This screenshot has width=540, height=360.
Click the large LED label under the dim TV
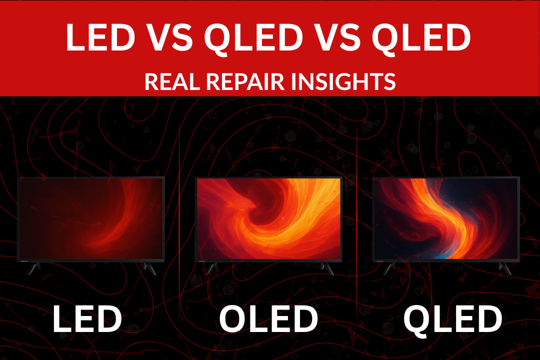coord(87,318)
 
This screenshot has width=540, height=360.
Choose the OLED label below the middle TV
coord(268,318)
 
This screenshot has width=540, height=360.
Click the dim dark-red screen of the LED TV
coord(91,218)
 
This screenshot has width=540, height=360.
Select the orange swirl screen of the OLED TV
coord(268,218)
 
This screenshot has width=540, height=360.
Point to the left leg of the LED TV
coord(34,268)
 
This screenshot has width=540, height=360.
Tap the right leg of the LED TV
coord(149,268)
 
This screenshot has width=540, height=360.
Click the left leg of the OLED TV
coord(211,268)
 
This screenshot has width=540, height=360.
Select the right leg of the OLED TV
coord(327,268)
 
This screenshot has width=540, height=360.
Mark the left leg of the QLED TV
coord(389,268)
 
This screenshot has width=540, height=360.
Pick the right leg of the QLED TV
coord(505,268)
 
